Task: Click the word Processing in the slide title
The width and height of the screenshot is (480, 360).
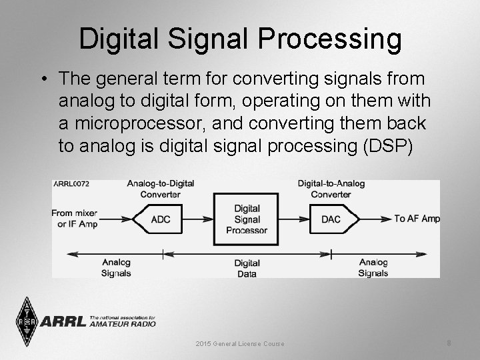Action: click(329, 39)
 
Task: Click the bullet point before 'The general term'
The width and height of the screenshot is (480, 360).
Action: click(43, 79)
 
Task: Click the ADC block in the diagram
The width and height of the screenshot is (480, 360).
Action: click(161, 219)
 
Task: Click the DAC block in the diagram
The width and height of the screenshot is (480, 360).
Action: click(331, 219)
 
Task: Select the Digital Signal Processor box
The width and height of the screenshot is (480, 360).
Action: click(246, 219)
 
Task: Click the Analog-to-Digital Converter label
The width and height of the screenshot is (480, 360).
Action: click(160, 189)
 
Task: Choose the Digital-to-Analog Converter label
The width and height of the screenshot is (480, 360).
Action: click(331, 189)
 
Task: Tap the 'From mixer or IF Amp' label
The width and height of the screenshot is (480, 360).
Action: click(74, 219)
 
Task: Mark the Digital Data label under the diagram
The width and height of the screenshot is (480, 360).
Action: click(247, 268)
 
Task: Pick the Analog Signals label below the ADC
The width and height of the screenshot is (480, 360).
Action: click(116, 267)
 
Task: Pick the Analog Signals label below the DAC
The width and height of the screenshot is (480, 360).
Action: click(373, 267)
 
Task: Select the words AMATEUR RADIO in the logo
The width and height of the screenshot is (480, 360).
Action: click(123, 324)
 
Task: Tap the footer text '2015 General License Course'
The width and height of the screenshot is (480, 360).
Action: click(240, 344)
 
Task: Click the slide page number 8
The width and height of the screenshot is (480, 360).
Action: click(449, 343)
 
